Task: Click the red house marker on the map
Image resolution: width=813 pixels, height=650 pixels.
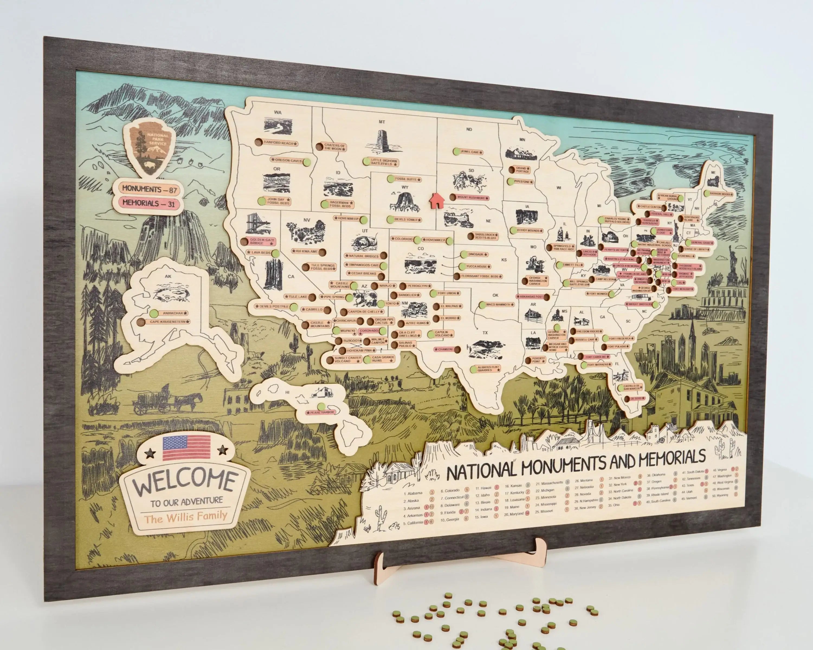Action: (436, 200)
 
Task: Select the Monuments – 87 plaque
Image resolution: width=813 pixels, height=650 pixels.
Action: (149, 189)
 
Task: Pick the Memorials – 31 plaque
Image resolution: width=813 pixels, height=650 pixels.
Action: (149, 203)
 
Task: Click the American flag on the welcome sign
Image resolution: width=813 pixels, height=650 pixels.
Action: (186, 448)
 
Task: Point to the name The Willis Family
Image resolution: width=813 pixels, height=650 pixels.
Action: (186, 516)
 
